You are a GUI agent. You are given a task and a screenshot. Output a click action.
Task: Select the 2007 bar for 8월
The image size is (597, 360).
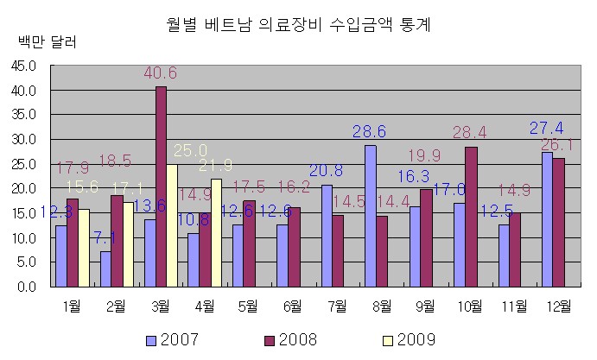click(x=371, y=216)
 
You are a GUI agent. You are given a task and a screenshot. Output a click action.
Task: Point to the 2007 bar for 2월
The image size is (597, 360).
click(x=105, y=269)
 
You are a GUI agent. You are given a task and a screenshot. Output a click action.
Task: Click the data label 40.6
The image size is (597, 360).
click(x=160, y=73)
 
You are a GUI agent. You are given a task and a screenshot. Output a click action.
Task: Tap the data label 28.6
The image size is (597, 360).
click(x=369, y=131)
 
